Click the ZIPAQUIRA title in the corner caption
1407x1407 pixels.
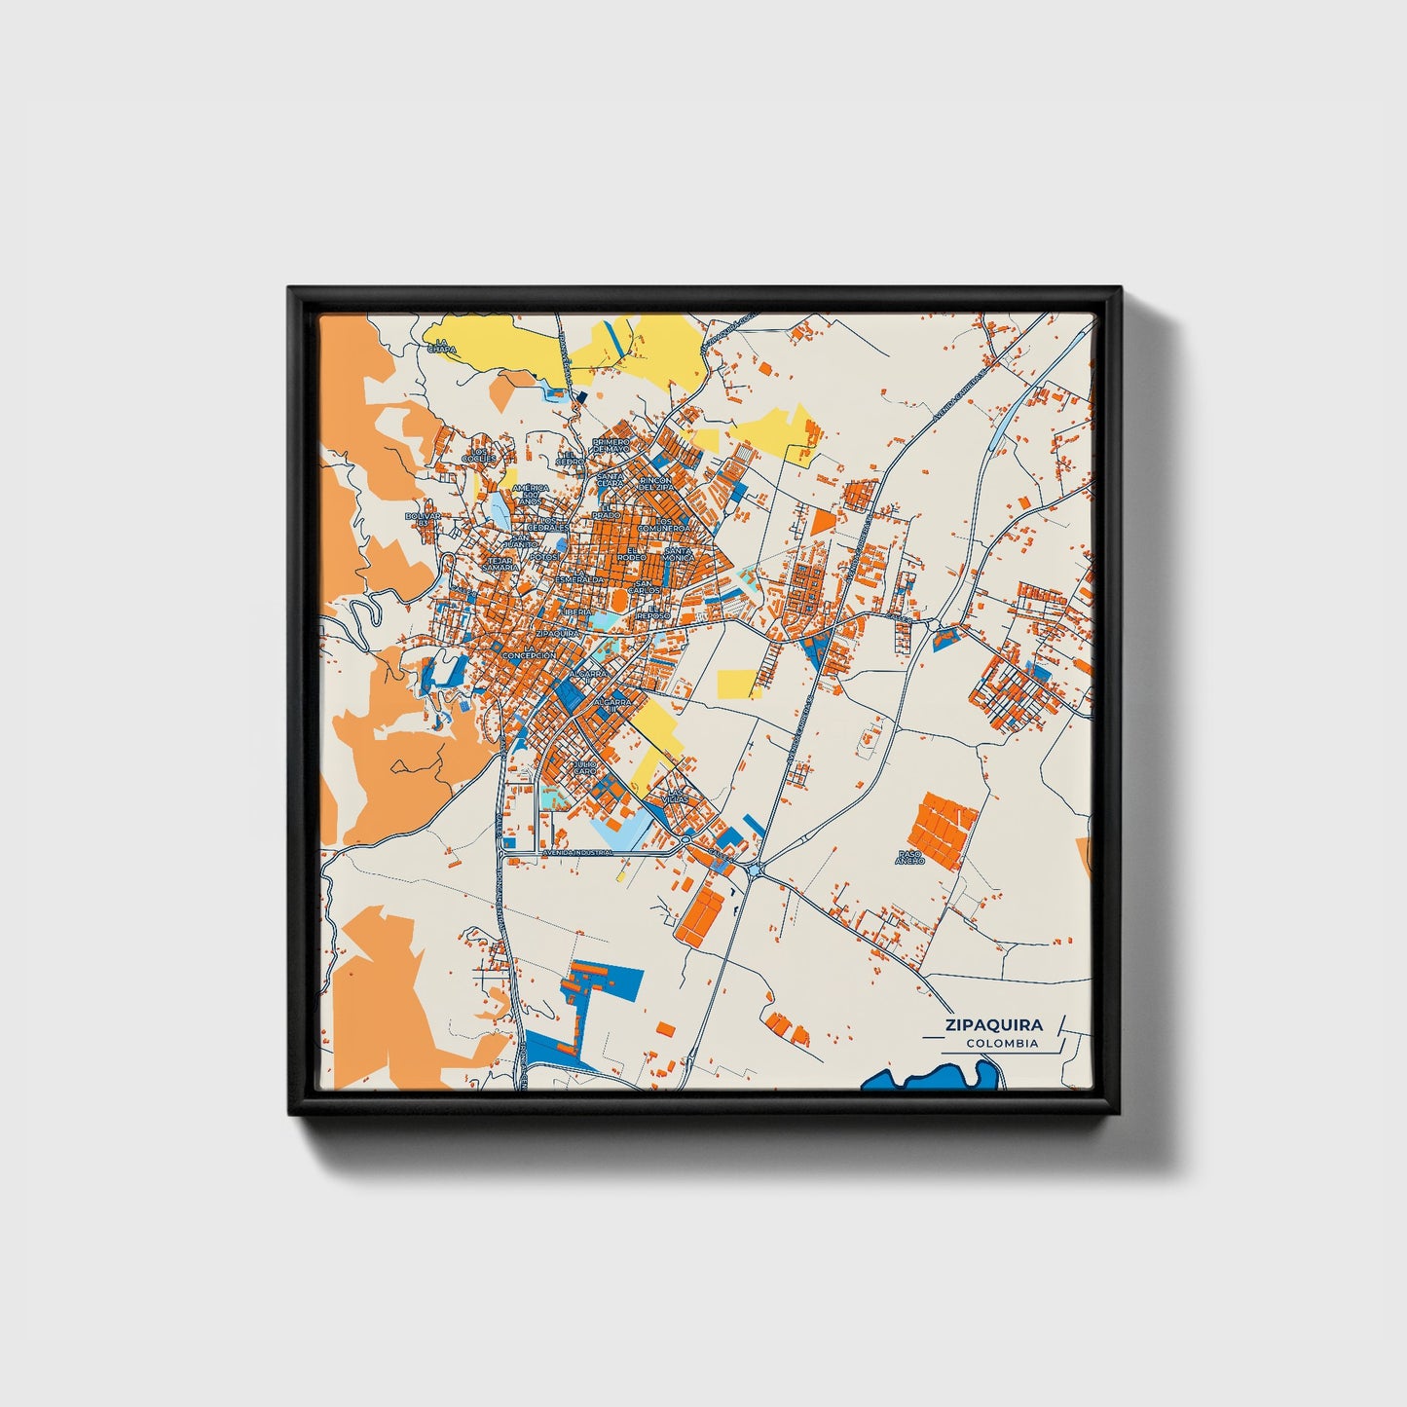[992, 1024]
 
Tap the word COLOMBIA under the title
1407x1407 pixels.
[1002, 1044]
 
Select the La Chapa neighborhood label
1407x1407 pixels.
[441, 345]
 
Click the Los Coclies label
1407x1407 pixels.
[480, 456]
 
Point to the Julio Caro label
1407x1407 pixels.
[584, 767]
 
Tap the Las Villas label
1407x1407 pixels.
[676, 795]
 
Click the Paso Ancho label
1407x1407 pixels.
[909, 857]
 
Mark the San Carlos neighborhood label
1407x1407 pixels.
[644, 587]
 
